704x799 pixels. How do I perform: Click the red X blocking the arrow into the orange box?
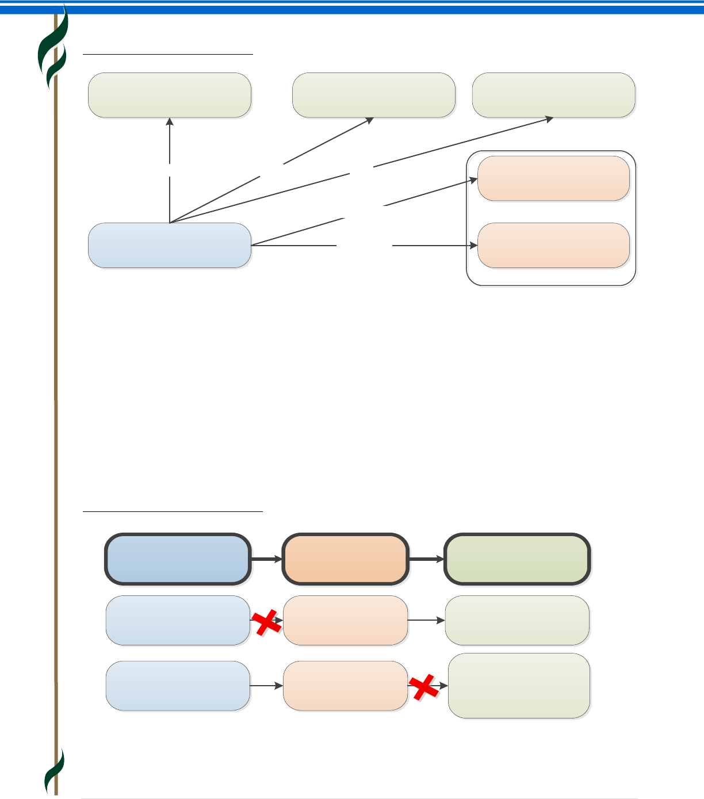point(267,624)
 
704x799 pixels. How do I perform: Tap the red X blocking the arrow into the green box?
point(423,687)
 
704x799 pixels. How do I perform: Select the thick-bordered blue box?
point(178,559)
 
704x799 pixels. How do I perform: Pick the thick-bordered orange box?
point(345,559)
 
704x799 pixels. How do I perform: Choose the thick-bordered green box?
point(517,559)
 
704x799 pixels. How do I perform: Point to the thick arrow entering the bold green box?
point(427,559)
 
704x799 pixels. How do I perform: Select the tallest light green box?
point(519,686)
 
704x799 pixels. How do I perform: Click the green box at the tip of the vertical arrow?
point(170,95)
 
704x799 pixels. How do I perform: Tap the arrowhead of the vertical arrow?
point(170,121)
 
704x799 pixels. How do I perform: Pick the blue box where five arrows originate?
point(170,245)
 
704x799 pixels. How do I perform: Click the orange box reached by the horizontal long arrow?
point(553,245)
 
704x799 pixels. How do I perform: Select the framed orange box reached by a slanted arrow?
point(553,178)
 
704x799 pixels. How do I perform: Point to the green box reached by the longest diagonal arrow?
point(553,95)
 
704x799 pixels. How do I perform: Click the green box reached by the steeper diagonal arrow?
point(374,95)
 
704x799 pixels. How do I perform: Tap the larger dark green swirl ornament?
point(53,49)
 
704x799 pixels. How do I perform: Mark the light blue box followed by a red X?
point(178,620)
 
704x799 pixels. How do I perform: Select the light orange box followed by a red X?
point(345,686)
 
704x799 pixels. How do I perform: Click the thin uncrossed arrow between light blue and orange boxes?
point(266,686)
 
